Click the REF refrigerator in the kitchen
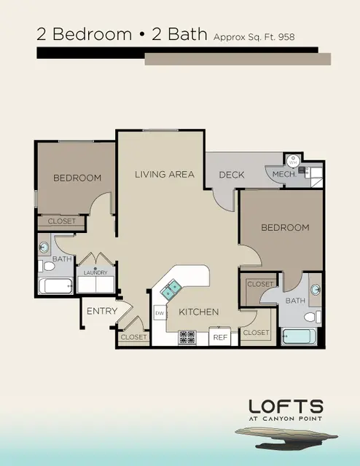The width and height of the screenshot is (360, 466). (220, 336)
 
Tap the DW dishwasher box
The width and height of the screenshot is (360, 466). (160, 312)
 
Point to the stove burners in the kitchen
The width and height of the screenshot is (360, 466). (187, 337)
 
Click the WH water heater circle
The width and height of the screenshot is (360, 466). (293, 162)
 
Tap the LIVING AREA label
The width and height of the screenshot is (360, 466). (165, 175)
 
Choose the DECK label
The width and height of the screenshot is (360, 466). (232, 175)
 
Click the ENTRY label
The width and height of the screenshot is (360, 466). (102, 311)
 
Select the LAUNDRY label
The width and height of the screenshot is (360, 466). (95, 272)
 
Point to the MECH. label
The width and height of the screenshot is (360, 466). (284, 174)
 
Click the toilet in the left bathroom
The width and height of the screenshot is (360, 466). (47, 266)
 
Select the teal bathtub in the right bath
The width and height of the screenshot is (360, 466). (299, 336)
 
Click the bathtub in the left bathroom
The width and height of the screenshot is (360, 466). (55, 286)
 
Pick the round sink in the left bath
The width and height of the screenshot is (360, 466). (44, 248)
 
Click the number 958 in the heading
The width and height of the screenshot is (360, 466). (286, 37)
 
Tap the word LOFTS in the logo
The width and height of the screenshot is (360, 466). (286, 406)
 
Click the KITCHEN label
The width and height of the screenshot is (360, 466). (199, 312)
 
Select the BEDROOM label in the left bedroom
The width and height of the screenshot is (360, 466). (77, 178)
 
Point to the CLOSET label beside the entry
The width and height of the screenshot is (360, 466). (133, 337)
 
